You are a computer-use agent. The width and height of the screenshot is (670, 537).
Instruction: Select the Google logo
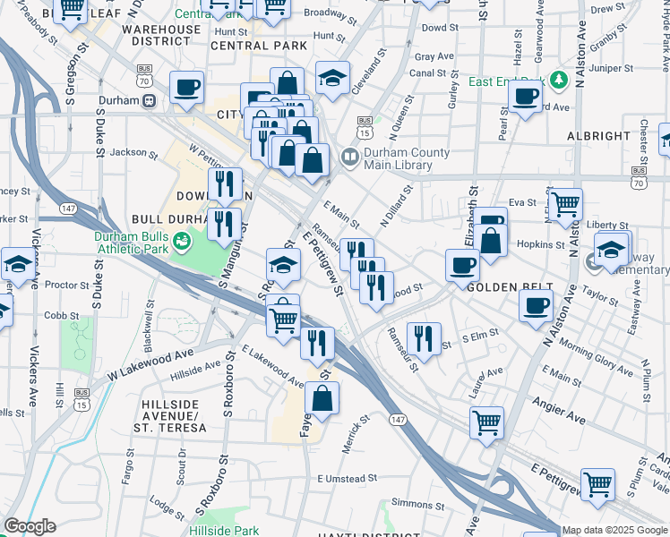pos(30,527)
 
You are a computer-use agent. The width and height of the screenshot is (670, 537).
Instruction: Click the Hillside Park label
pos(224,531)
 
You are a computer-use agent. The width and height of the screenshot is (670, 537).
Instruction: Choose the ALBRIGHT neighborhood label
pos(599,136)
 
